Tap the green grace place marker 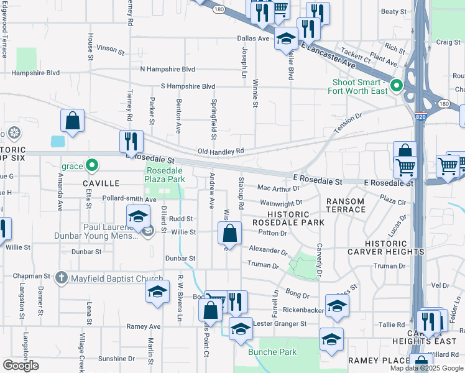pyautogui.click(x=92, y=165)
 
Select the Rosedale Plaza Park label pyautogui.click(x=165, y=175)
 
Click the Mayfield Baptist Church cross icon pyautogui.click(x=61, y=278)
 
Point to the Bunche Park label pyautogui.click(x=272, y=352)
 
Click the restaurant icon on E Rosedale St pyautogui.click(x=131, y=142)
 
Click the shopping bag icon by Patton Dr pyautogui.click(x=229, y=234)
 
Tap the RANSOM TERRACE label pyautogui.click(x=346, y=205)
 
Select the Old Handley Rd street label pyautogui.click(x=221, y=151)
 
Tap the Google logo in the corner pyautogui.click(x=21, y=366)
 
